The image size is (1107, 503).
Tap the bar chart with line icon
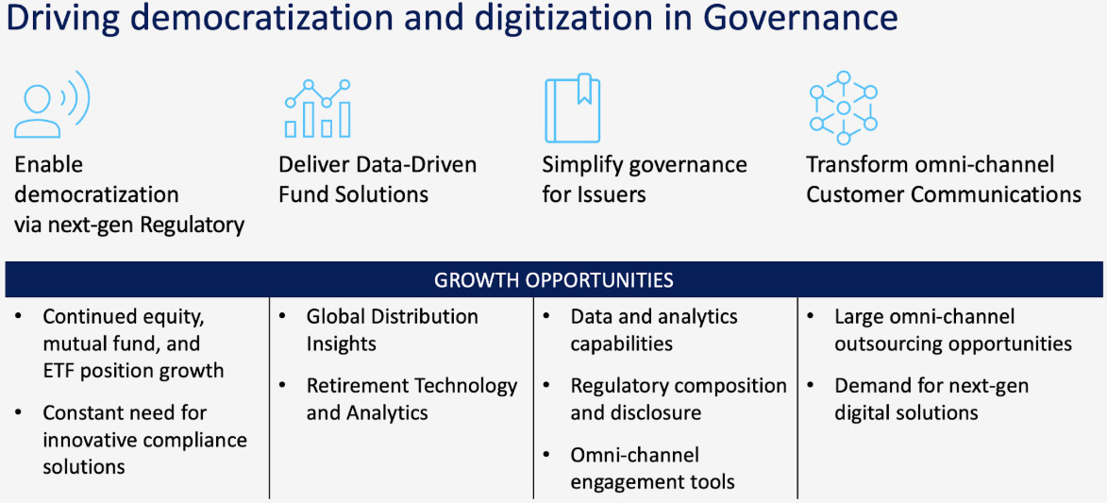click(x=318, y=109)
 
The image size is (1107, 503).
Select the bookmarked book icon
click(x=572, y=109)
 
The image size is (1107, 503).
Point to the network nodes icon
click(x=843, y=108)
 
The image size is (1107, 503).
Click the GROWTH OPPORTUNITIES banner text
click(x=553, y=279)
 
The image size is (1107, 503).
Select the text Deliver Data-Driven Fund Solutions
click(x=377, y=179)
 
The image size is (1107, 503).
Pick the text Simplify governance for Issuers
click(x=645, y=179)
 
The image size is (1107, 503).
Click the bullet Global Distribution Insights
click(x=392, y=330)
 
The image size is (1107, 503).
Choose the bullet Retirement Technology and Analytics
click(x=411, y=399)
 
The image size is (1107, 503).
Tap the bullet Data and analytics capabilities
click(x=654, y=330)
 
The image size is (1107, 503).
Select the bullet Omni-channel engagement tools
click(x=652, y=468)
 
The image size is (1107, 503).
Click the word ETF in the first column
click(x=59, y=370)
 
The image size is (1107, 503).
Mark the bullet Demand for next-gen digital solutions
click(x=931, y=399)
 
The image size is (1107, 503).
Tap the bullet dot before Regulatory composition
click(x=547, y=386)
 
